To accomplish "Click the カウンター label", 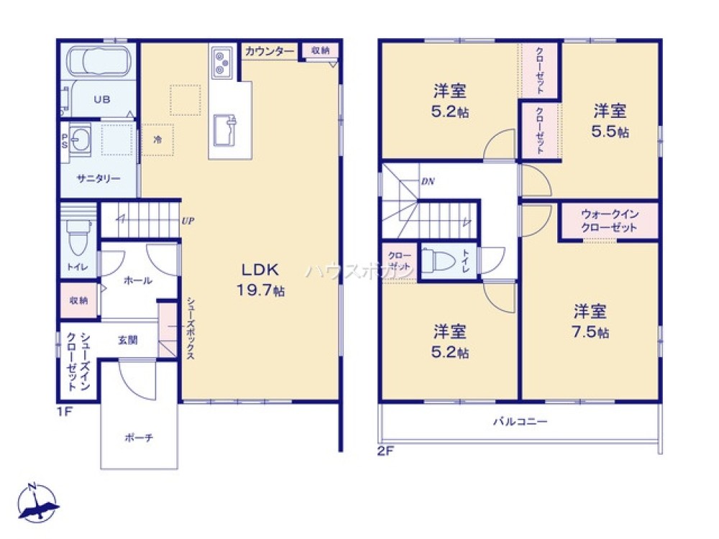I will click(269, 51).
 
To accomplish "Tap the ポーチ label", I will click(139, 436).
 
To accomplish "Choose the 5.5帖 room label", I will click(610, 121).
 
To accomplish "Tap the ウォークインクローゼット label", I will click(609, 221).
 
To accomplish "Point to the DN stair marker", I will click(427, 181).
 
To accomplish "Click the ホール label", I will click(137, 280).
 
